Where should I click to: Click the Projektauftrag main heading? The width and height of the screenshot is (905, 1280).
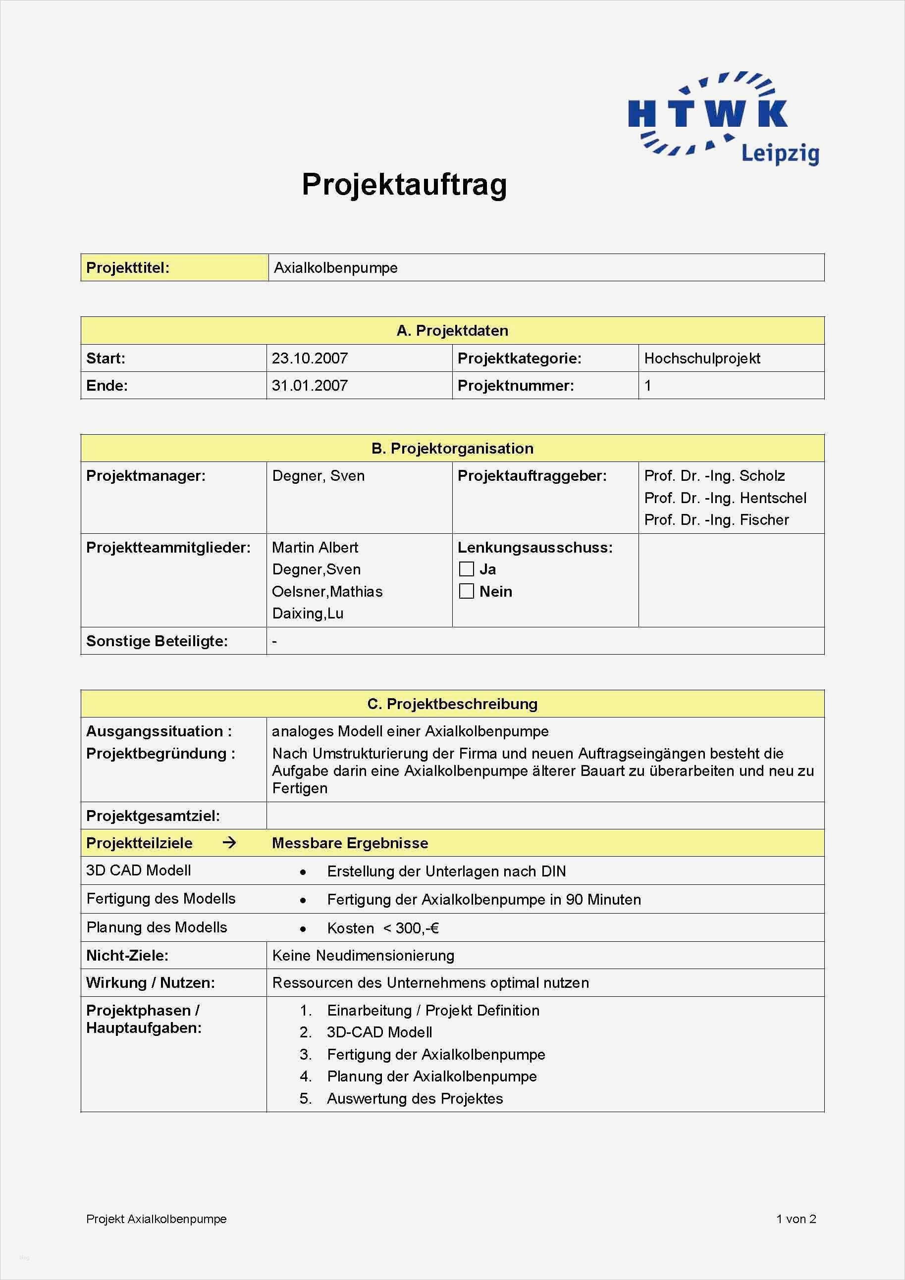[x=404, y=184]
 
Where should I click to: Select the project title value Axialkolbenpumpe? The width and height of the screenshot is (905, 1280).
[x=336, y=268]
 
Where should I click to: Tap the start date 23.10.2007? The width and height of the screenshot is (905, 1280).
[x=310, y=358]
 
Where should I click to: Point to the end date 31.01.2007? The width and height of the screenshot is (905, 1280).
[x=310, y=386]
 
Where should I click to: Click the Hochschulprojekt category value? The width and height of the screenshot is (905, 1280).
[x=702, y=358]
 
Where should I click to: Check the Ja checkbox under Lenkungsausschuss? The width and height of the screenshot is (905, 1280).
[x=466, y=569]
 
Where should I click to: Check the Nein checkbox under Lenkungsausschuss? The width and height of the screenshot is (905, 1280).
[x=466, y=592]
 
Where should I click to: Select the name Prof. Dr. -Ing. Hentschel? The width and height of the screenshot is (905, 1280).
[x=725, y=498]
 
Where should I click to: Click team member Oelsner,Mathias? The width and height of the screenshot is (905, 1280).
[x=327, y=592]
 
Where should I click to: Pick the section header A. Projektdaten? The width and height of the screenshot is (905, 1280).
[x=452, y=331]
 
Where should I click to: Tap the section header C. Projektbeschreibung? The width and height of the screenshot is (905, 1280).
[x=452, y=704]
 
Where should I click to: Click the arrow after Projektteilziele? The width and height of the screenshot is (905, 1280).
[x=229, y=843]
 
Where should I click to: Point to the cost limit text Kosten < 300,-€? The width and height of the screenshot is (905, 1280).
[x=383, y=928]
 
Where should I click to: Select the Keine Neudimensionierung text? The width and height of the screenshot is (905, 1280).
[x=363, y=956]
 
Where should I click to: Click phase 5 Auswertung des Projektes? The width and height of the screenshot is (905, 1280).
[x=415, y=1098]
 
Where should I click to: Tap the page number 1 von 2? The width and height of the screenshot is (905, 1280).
[x=796, y=1219]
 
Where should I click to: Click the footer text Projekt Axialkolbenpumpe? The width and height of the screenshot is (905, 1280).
[x=156, y=1219]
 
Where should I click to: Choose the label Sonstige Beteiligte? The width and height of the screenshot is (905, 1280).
[x=157, y=641]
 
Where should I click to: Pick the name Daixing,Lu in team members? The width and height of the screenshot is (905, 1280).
[x=308, y=614]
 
